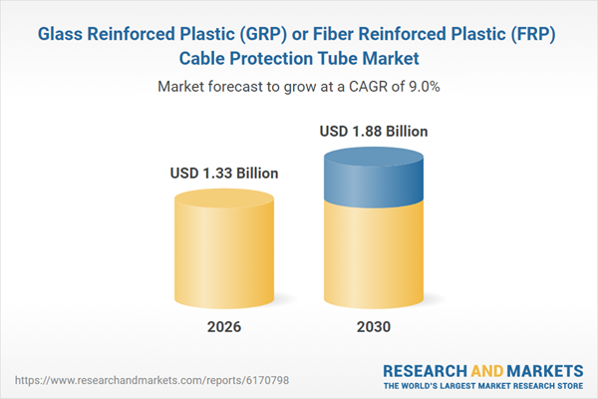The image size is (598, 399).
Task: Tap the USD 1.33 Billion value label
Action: pyautogui.click(x=224, y=174)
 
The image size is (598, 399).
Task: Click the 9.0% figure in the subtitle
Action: pyautogui.click(x=421, y=87)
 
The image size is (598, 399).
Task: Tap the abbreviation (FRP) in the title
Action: pyautogui.click(x=532, y=34)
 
